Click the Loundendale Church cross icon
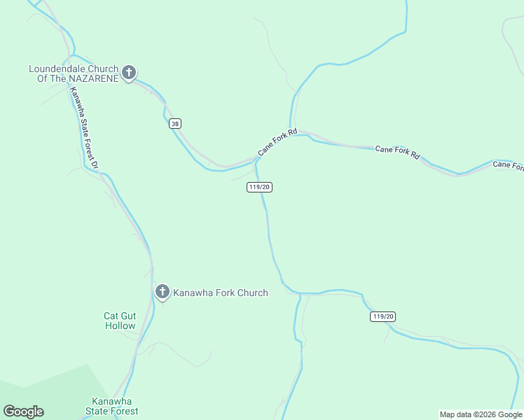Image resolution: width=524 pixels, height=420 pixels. click(x=129, y=72)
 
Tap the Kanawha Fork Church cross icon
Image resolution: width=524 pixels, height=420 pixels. click(x=163, y=292)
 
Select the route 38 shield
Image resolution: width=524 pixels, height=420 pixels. click(x=175, y=124)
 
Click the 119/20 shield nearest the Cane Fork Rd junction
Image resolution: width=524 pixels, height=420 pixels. click(x=259, y=187)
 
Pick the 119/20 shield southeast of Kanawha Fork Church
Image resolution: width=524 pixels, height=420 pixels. click(x=382, y=317)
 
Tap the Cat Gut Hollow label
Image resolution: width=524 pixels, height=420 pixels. click(x=120, y=321)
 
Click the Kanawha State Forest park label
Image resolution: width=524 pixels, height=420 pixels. click(x=111, y=406)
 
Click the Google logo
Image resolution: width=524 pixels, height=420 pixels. click(x=23, y=412)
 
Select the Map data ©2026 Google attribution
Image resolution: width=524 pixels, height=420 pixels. click(x=481, y=415)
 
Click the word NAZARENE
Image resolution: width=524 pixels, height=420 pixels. click(x=95, y=78)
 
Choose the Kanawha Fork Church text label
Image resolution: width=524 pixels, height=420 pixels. click(x=221, y=293)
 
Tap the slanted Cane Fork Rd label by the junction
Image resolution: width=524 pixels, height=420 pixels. click(x=277, y=141)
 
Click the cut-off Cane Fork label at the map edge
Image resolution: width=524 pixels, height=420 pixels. click(x=508, y=165)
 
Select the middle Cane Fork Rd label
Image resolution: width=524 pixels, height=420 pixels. click(x=397, y=152)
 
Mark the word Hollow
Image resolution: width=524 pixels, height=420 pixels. click(x=120, y=325)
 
